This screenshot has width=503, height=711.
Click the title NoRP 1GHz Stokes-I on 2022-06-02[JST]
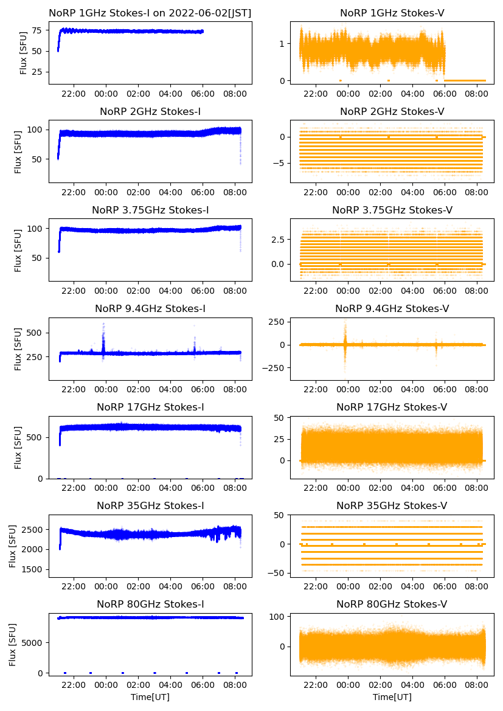pos(150,13)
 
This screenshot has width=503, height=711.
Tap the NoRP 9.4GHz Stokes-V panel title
pos(392,309)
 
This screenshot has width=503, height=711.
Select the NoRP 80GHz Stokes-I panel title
pos(150,604)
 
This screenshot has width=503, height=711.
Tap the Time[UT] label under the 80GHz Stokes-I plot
pos(150,696)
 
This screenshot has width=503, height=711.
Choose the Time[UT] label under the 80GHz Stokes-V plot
pos(392,696)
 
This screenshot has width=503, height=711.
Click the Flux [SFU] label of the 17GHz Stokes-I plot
pos(18,448)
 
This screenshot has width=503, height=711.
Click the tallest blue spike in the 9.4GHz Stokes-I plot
pos(103,325)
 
